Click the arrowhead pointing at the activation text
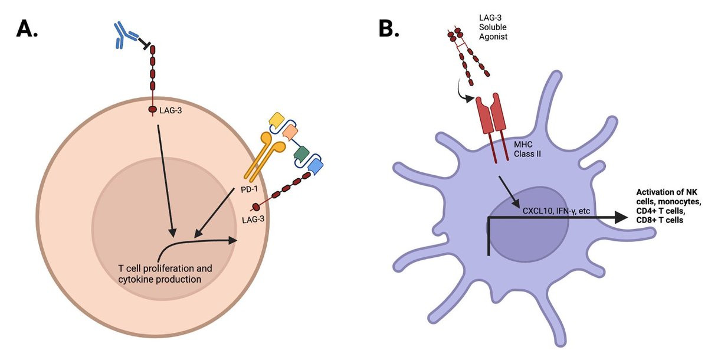point(619,217)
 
